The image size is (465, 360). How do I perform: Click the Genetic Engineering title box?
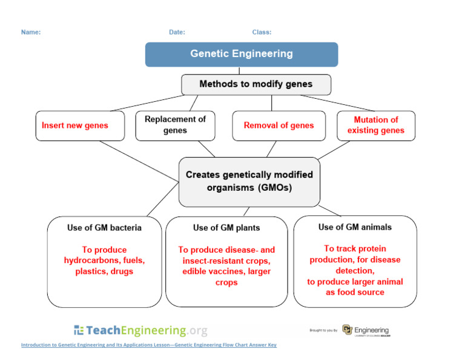(x=242, y=54)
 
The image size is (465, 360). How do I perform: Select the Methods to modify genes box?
(x=256, y=84)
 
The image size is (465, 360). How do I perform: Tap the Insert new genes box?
(x=80, y=125)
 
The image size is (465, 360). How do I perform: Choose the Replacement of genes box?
(x=175, y=125)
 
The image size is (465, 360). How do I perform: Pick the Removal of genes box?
(x=279, y=125)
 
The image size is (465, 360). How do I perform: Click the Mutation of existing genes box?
(x=376, y=125)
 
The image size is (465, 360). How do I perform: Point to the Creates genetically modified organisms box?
(x=249, y=181)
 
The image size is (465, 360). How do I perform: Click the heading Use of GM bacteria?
(x=104, y=228)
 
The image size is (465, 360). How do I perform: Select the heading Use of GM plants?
(x=226, y=228)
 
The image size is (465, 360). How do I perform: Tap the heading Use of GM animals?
(x=355, y=227)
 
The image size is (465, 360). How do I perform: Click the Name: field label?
(x=31, y=32)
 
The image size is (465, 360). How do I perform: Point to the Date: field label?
(x=177, y=32)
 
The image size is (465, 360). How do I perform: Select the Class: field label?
(x=262, y=32)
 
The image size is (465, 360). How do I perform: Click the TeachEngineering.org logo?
(x=140, y=330)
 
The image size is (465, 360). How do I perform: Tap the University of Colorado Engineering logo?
(x=367, y=330)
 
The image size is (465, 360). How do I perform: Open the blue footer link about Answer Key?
(x=148, y=345)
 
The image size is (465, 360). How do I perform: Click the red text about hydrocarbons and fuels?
(x=104, y=261)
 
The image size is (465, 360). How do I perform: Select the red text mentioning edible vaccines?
(x=226, y=266)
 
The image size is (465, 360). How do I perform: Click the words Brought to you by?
(x=323, y=330)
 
